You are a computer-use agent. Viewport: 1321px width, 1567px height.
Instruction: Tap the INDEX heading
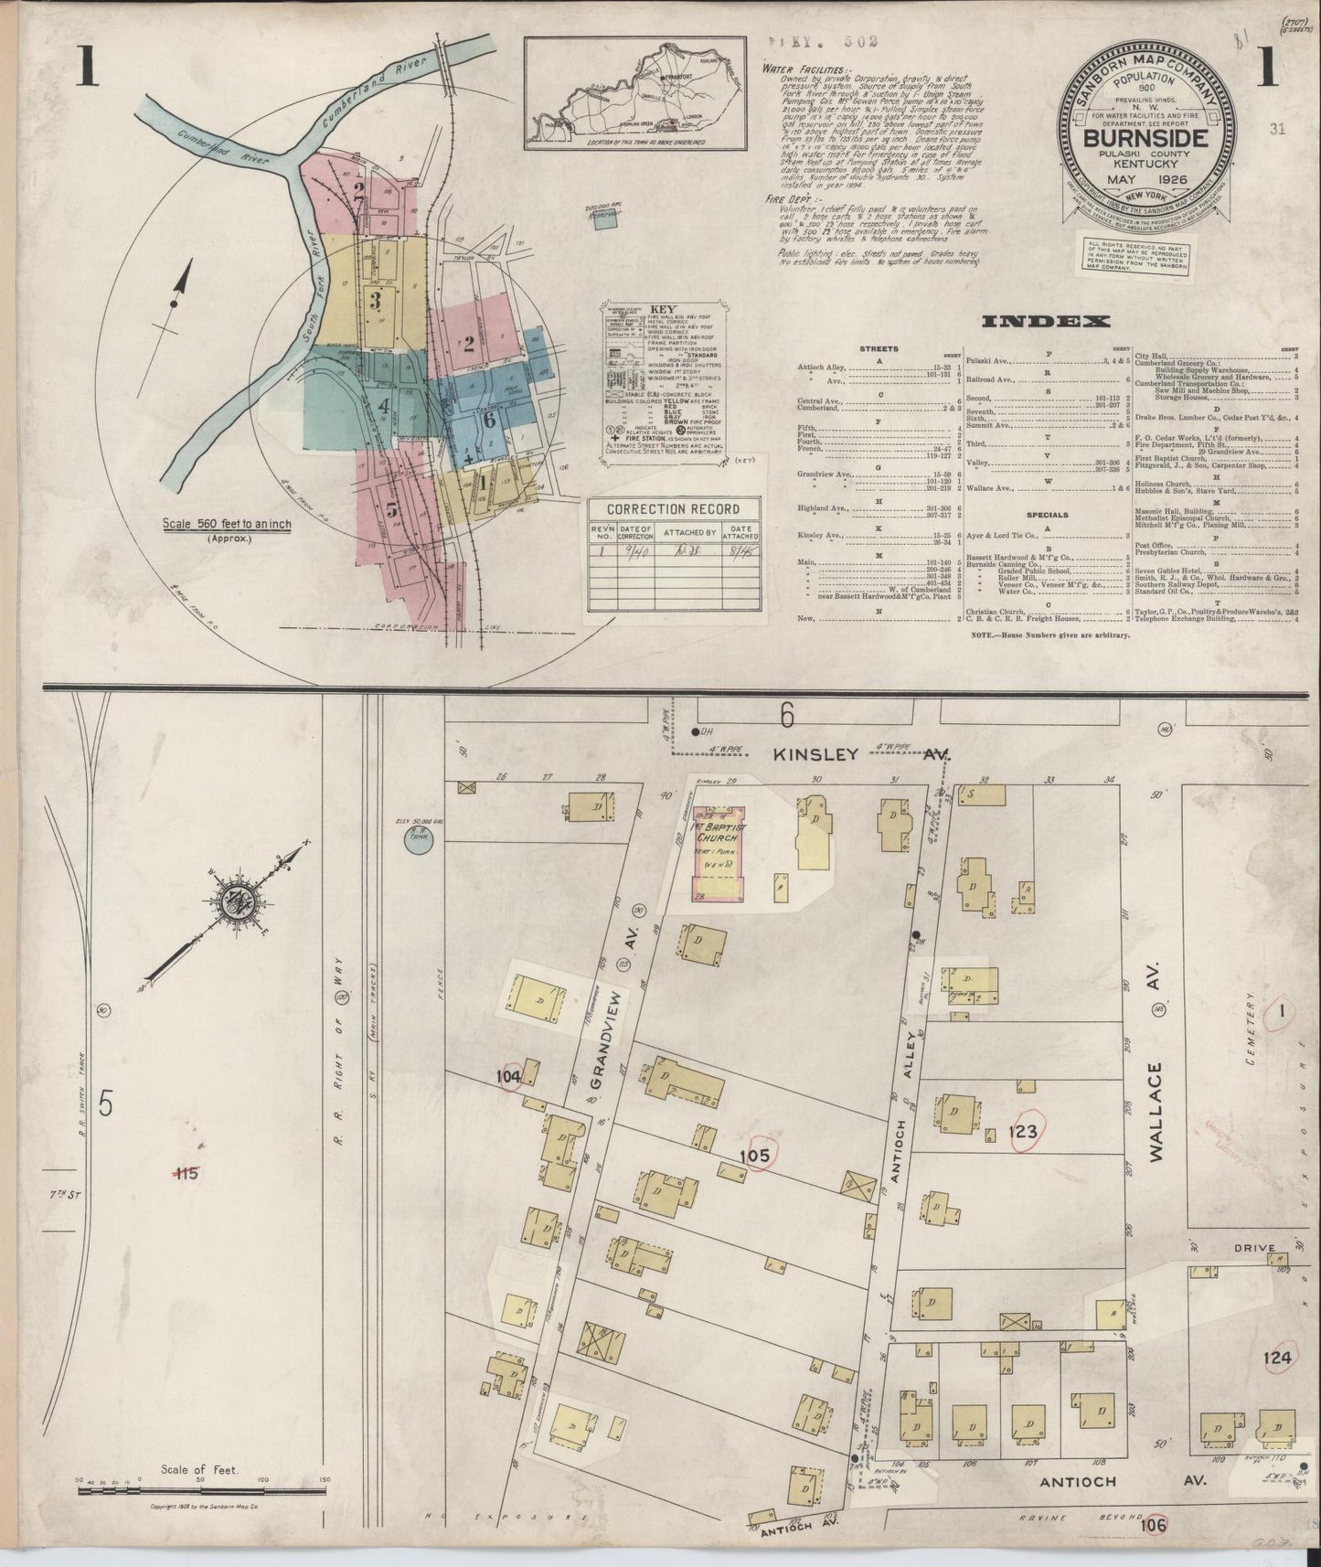click(1046, 321)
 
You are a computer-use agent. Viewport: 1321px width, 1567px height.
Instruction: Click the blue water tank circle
click(418, 843)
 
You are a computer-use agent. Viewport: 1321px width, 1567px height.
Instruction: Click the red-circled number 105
click(756, 1156)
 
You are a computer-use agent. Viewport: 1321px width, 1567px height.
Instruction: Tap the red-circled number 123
click(1022, 1132)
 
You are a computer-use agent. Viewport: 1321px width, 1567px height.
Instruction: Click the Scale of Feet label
click(198, 1470)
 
